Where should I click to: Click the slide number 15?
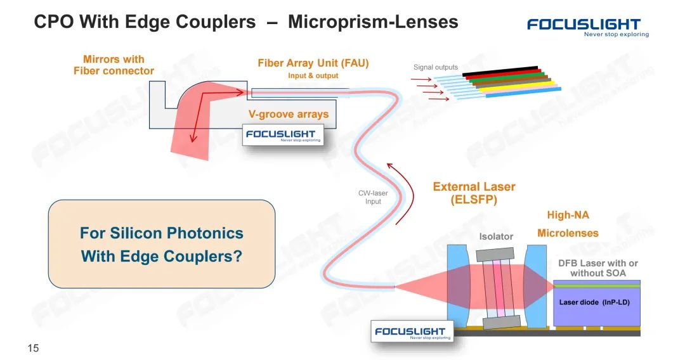tap(33, 348)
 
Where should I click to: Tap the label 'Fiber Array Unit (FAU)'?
tap(313, 63)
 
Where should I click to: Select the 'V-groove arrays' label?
tap(288, 115)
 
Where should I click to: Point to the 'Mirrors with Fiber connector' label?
tap(114, 65)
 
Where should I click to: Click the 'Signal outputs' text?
tap(435, 67)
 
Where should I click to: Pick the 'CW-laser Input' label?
tap(373, 197)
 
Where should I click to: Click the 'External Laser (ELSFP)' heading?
tap(474, 193)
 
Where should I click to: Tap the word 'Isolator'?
tap(496, 236)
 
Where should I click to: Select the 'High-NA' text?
tap(568, 215)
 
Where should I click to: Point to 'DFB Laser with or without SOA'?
tap(597, 268)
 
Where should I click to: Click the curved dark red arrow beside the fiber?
tap(401, 193)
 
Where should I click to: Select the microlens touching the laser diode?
tap(536, 286)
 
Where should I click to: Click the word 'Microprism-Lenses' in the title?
tap(373, 22)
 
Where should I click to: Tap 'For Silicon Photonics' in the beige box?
tap(161, 233)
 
